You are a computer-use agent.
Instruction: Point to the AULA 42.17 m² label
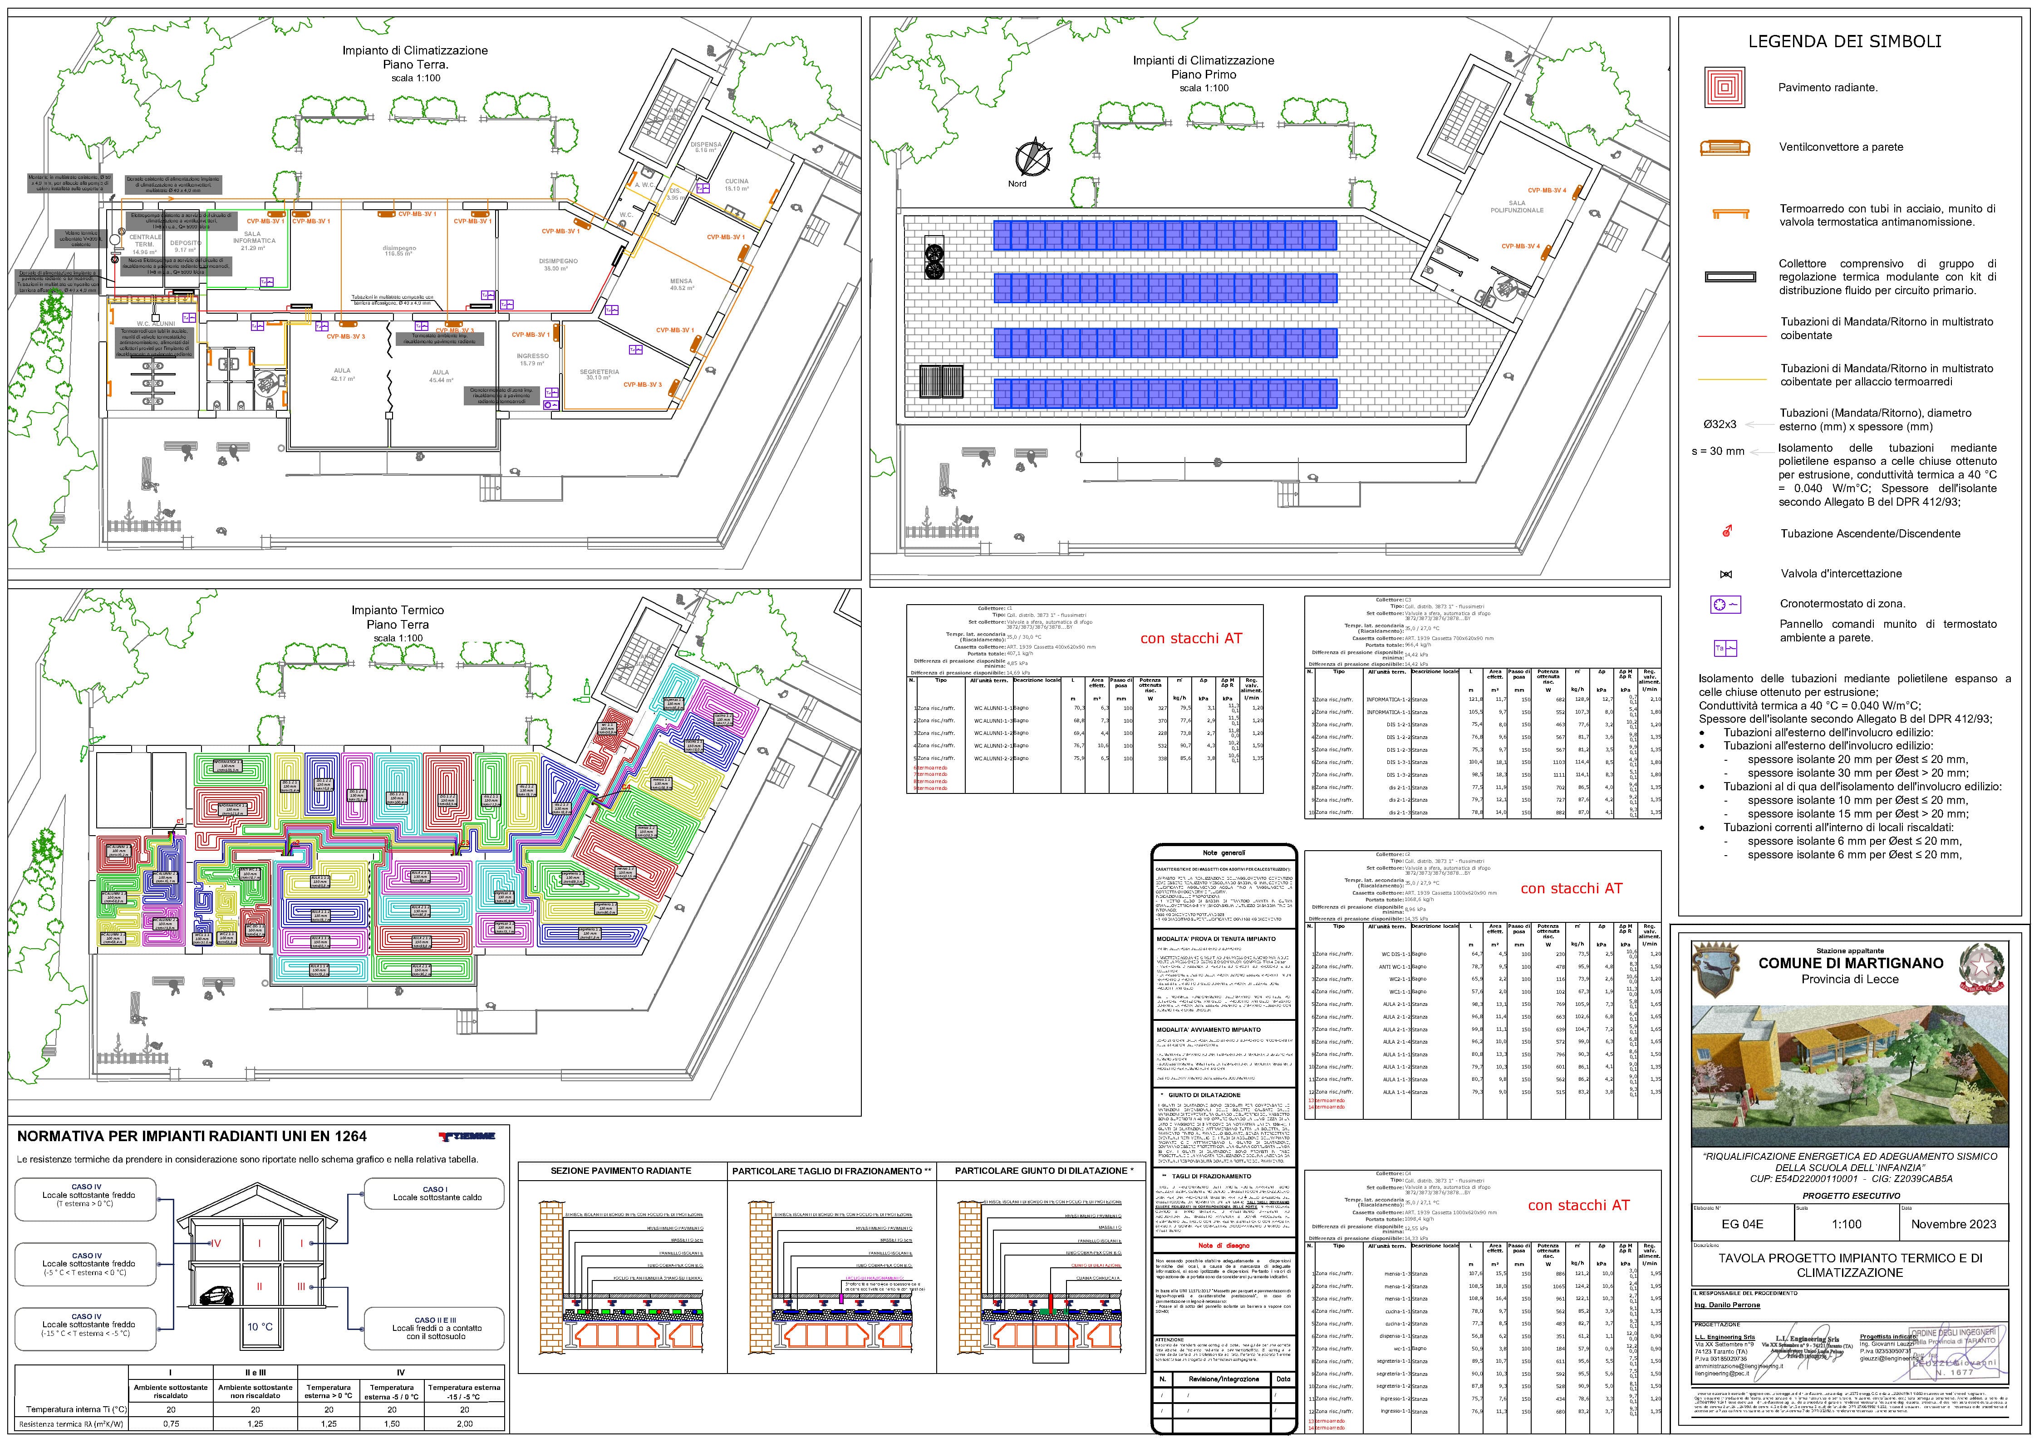tap(342, 374)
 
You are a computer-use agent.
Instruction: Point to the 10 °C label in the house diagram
tap(260, 1327)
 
